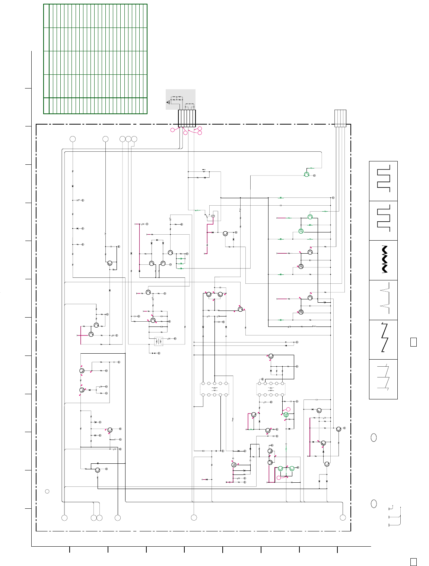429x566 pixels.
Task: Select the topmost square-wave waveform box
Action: coord(383,181)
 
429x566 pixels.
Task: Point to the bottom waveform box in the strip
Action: coord(383,379)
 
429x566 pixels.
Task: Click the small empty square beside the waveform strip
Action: coord(413,342)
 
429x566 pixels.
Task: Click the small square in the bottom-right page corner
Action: coord(413,562)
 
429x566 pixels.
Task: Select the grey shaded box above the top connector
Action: coord(180,99)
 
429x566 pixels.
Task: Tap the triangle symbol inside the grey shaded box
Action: coord(168,102)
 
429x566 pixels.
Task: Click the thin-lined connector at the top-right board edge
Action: coord(340,118)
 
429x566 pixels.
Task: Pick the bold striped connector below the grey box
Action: coord(187,118)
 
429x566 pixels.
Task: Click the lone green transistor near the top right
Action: coord(306,174)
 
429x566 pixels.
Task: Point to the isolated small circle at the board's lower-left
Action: coord(47,491)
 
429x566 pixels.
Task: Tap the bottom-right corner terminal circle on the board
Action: coord(343,517)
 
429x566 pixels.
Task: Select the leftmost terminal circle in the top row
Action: coord(73,139)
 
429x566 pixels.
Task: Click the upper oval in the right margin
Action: coord(374,438)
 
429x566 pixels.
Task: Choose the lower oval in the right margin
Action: coord(374,504)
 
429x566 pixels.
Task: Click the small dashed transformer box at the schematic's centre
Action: coord(159,341)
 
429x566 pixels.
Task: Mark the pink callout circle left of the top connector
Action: coord(172,130)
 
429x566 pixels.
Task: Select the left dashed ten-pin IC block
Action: coord(214,389)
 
